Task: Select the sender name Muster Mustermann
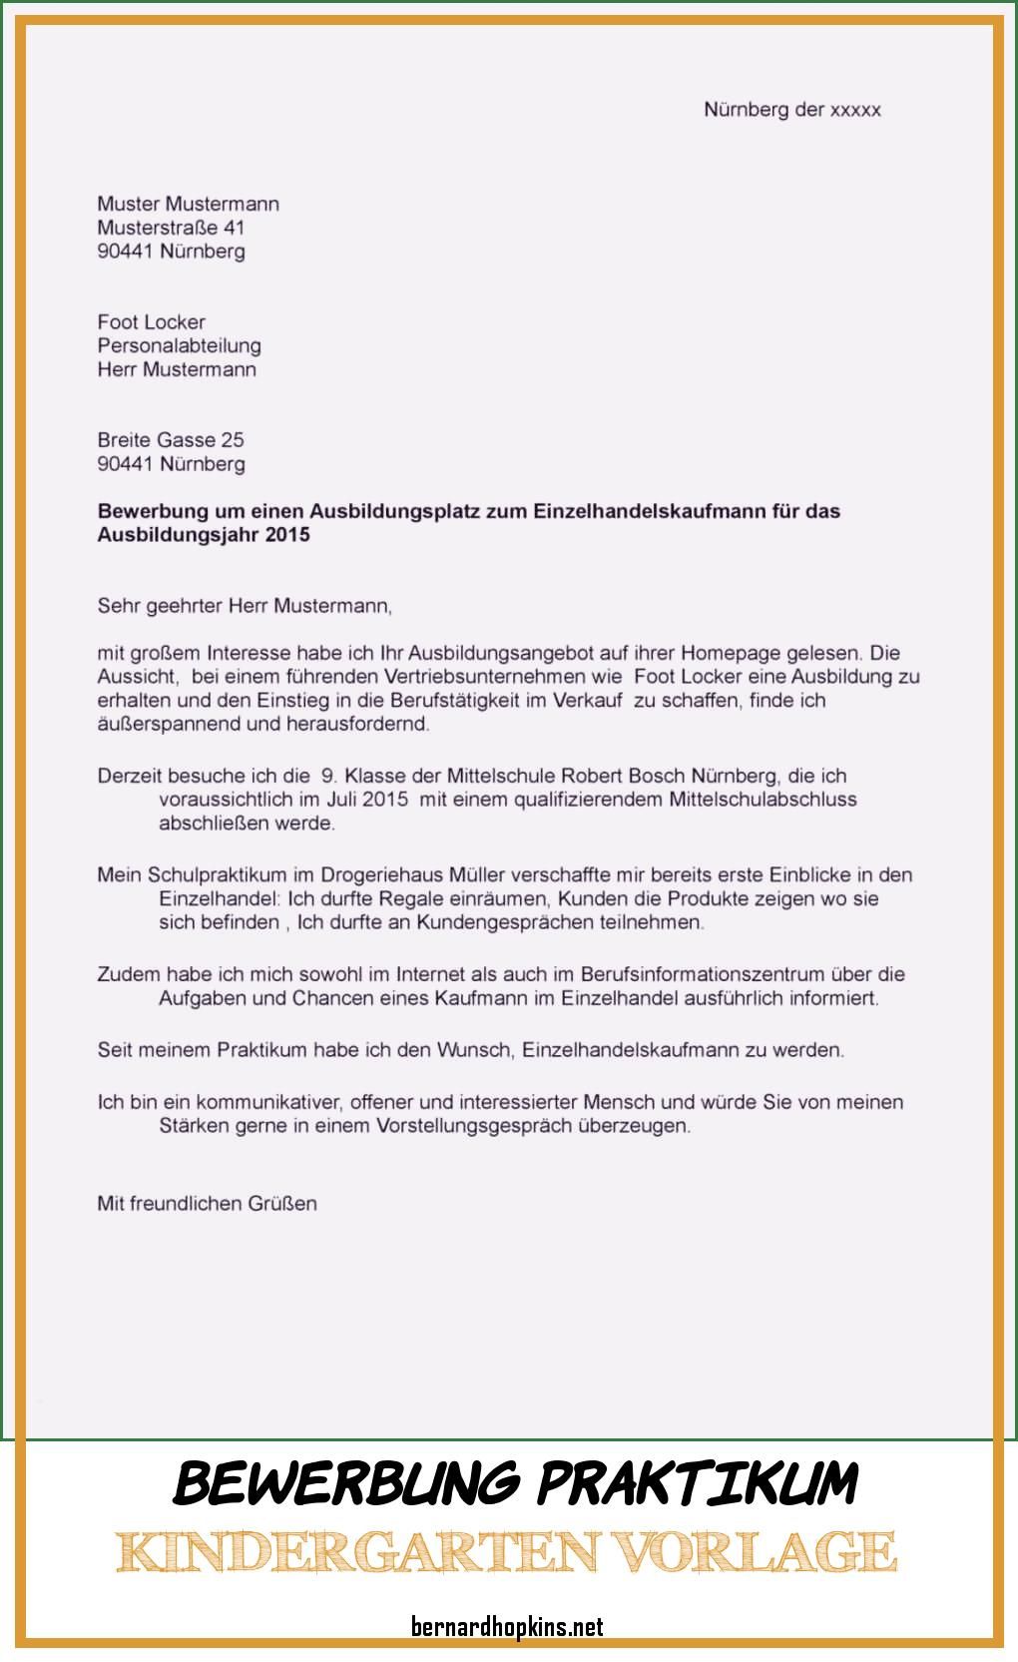pos(188,204)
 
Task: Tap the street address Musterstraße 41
pos(171,228)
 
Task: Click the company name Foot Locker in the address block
pos(151,321)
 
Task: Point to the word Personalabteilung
pos(179,345)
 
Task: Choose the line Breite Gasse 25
pos(170,439)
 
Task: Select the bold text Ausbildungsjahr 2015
pos(204,535)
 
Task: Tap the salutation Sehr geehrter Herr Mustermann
pos(245,605)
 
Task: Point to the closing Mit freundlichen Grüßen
pos(207,1203)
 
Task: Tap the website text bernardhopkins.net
pos(507,1627)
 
